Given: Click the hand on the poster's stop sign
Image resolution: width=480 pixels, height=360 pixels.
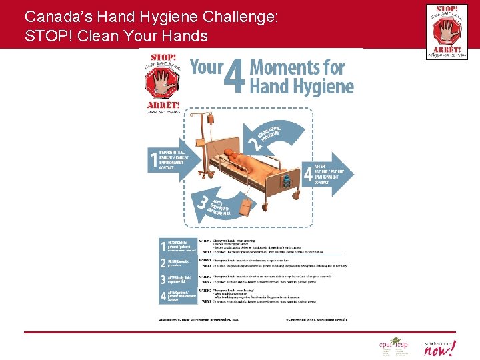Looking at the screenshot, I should click(163, 83).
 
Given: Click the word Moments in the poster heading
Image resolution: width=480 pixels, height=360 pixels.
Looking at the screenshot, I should click(297, 67).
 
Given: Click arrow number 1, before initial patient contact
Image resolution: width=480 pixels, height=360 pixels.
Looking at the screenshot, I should click(167, 159).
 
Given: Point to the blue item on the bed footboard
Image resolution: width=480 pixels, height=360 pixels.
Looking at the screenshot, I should click(286, 181).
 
